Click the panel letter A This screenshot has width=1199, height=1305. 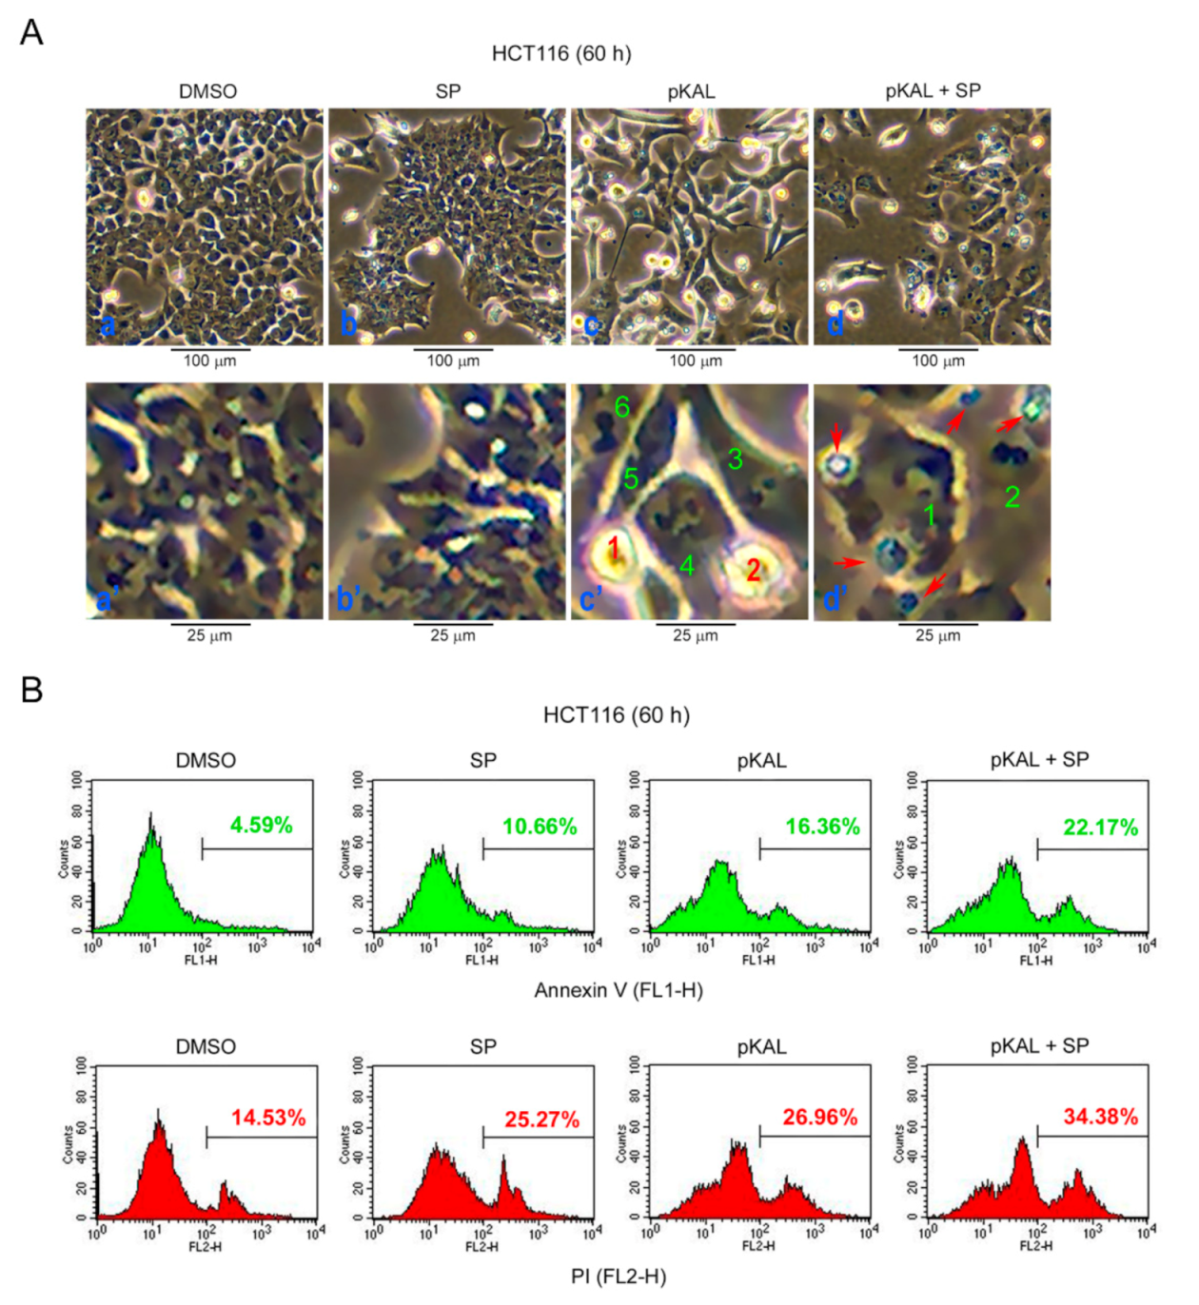tap(31, 32)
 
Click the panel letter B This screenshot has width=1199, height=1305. tap(31, 689)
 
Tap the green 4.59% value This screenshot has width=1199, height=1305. tap(262, 826)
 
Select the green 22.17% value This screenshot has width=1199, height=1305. tap(1100, 828)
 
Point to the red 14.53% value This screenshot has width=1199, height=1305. tap(268, 1118)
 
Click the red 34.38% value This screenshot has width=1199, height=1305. tap(1100, 1117)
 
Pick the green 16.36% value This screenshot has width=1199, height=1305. tap(822, 827)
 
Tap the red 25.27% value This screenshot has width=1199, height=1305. tap(541, 1120)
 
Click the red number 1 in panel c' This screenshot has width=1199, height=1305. tap(614, 548)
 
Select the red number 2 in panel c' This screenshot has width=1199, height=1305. tap(753, 570)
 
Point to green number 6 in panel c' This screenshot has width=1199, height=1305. tap(621, 407)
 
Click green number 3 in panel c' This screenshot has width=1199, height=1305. tap(735, 458)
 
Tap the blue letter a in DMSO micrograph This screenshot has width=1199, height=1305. tap(108, 325)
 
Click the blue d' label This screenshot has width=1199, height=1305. tap(835, 598)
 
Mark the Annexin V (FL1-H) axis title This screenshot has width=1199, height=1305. tap(619, 990)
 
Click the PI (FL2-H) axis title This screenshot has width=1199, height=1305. tap(619, 1276)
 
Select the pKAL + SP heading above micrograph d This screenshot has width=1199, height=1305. tap(933, 90)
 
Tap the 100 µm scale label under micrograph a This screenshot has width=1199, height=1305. tap(209, 361)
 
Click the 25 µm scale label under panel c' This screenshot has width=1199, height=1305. tap(696, 635)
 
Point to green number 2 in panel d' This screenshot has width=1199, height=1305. tap(1012, 496)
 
